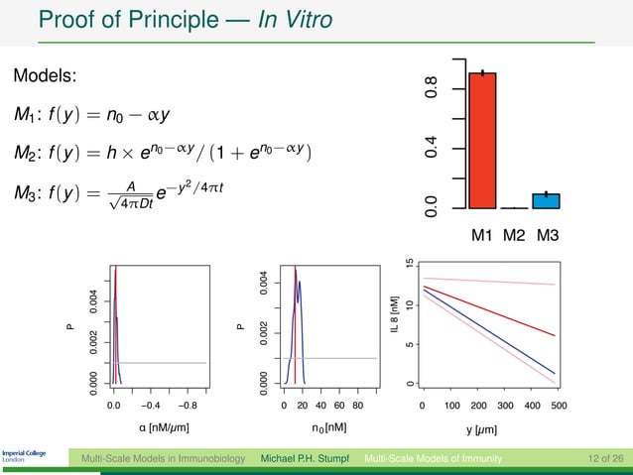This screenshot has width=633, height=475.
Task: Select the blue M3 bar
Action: (x=546, y=201)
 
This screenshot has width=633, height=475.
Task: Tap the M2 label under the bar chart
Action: (x=514, y=236)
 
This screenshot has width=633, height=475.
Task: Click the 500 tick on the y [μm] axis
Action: (x=558, y=405)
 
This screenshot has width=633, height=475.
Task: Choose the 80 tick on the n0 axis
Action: (x=357, y=405)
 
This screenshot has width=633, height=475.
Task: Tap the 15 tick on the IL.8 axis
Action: (x=411, y=264)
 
